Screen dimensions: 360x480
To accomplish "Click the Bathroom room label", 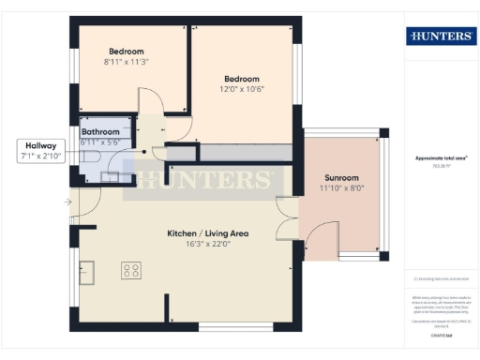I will pos(100,132).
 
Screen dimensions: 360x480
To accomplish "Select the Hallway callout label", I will pos(40,146).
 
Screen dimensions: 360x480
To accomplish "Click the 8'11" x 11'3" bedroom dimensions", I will pos(126,61).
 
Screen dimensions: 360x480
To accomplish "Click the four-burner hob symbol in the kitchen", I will pos(132,271).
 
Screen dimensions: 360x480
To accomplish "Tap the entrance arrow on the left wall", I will pos(69,202).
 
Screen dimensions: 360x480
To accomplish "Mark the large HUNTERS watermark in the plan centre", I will pos(205,180).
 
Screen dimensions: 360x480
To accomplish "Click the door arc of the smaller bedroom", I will pos(148,98).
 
